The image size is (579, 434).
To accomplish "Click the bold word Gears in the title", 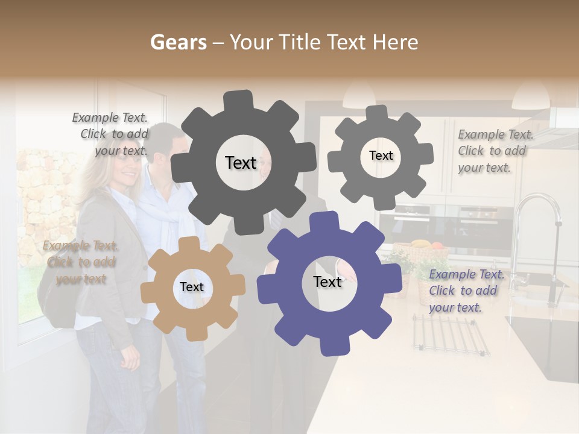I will coord(177,42).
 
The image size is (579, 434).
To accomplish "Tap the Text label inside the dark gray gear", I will coord(241,163).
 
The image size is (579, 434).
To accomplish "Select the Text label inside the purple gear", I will coord(327,282).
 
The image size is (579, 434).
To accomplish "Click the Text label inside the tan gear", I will coord(192,288).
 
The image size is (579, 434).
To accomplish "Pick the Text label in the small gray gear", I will coord(381,156).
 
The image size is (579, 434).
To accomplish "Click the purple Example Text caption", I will coord(466,291).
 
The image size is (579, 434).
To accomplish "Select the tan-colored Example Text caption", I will coord(80,262).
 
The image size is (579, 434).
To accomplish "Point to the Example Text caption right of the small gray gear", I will coord(495,151).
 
